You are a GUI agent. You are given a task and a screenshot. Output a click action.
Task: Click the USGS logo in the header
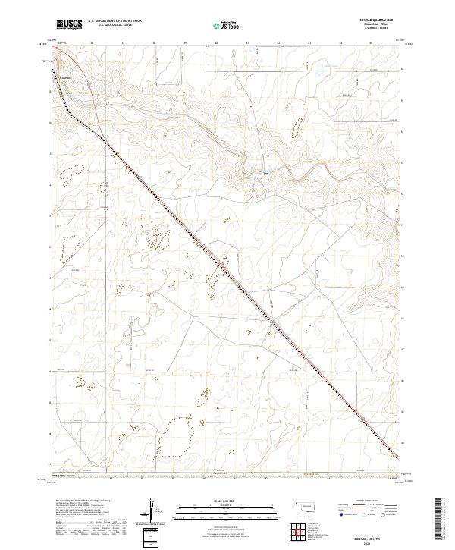pos(70,24)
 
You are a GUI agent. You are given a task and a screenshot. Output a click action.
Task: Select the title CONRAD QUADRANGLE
pos(382,20)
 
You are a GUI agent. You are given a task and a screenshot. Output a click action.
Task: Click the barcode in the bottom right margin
pos(441,520)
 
